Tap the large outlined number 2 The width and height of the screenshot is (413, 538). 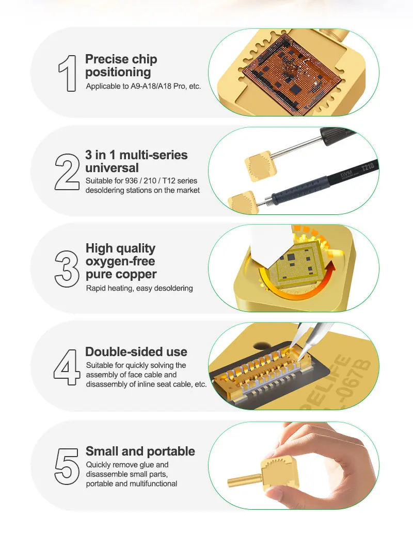pyautogui.click(x=67, y=172)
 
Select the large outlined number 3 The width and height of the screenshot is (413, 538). pyautogui.click(x=67, y=268)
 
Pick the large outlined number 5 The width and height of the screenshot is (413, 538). pyautogui.click(x=67, y=466)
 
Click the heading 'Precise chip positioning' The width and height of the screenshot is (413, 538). pyautogui.click(x=121, y=65)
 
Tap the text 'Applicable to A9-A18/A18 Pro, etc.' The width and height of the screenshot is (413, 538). pyautogui.click(x=144, y=86)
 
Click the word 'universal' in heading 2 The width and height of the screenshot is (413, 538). pyautogui.click(x=112, y=168)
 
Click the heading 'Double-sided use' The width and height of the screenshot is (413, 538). pyautogui.click(x=136, y=351)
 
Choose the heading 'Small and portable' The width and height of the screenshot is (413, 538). pyautogui.click(x=140, y=451)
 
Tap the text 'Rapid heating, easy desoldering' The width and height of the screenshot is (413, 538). pyautogui.click(x=139, y=288)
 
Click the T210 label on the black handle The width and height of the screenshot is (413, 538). pyautogui.click(x=367, y=168)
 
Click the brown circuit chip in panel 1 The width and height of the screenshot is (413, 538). pyautogui.click(x=292, y=74)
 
